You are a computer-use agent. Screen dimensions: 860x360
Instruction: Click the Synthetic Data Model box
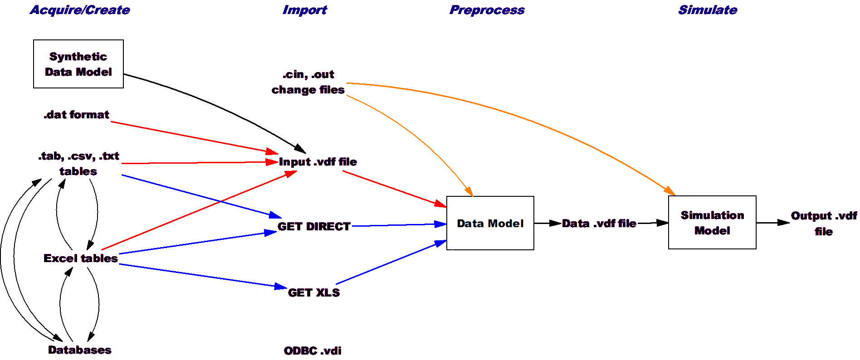78,64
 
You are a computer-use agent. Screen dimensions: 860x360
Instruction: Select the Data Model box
490,223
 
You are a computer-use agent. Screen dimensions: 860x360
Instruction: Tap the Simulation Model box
712,223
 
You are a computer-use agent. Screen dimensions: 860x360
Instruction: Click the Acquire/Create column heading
80,10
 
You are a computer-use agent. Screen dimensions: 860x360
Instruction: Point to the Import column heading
304,10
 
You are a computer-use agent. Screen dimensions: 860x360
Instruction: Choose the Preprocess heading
487,10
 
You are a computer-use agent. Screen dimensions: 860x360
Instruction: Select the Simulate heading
708,10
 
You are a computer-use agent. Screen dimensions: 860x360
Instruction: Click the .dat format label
76,115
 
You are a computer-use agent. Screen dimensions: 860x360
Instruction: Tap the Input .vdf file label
318,162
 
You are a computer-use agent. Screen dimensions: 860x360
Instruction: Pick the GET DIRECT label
314,227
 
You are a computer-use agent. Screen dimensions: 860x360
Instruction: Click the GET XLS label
314,293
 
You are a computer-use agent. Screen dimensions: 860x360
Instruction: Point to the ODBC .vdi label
313,351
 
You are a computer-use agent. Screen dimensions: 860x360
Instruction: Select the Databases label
80,350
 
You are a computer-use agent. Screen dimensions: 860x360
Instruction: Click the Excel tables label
81,258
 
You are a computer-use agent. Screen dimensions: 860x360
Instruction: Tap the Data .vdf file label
599,224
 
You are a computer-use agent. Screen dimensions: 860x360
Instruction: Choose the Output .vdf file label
824,224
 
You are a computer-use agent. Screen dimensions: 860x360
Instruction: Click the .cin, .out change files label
308,82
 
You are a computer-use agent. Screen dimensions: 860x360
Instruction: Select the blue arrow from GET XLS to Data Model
391,262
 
